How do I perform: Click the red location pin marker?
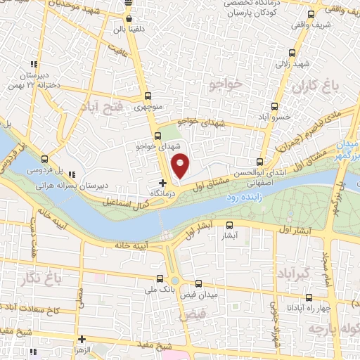[x=181, y=166]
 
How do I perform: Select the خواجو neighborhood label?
[x=225, y=84]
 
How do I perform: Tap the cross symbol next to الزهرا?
[x=82, y=340]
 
